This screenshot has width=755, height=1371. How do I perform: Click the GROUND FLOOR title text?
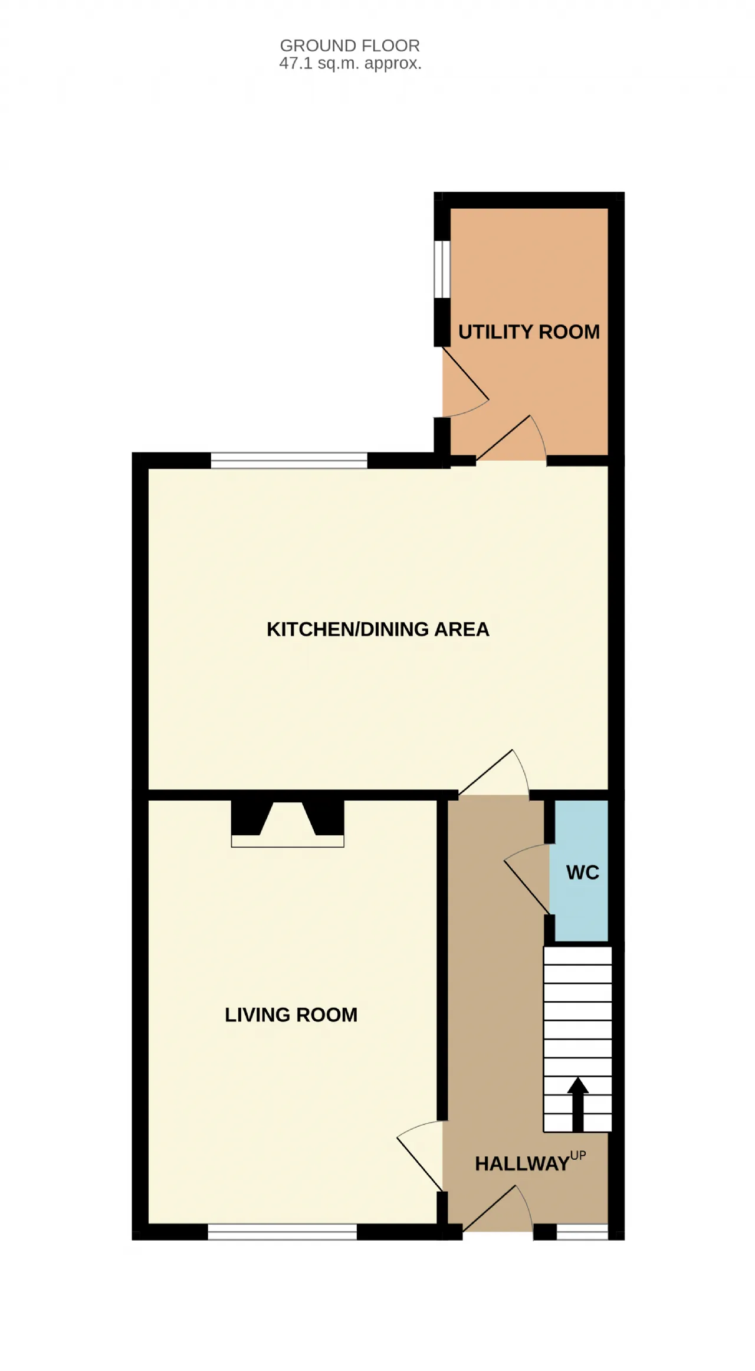tap(350, 45)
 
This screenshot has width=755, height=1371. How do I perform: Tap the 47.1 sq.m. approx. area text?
tap(350, 64)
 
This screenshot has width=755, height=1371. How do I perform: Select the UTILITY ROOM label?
tap(529, 332)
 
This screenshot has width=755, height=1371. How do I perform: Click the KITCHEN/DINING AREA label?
tap(378, 629)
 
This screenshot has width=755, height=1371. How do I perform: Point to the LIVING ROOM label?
tap(291, 1015)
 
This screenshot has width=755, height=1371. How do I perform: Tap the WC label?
tap(583, 873)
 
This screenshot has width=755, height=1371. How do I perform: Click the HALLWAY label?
tap(522, 1164)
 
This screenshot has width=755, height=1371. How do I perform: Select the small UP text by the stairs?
tap(578, 1156)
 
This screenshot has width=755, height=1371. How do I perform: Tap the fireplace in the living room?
tap(287, 824)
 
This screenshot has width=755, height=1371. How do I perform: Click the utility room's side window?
tap(442, 269)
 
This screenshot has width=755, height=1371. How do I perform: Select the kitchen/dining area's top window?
tap(289, 460)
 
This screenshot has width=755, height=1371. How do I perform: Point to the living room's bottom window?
tap(283, 1232)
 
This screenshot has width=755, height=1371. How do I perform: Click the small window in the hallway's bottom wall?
tap(582, 1232)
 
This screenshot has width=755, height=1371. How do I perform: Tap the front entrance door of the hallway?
tap(498, 1209)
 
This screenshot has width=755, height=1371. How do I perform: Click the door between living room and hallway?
tap(420, 1156)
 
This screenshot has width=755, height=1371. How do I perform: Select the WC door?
tap(527, 880)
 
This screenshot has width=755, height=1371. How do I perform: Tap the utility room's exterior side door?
tap(466, 382)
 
